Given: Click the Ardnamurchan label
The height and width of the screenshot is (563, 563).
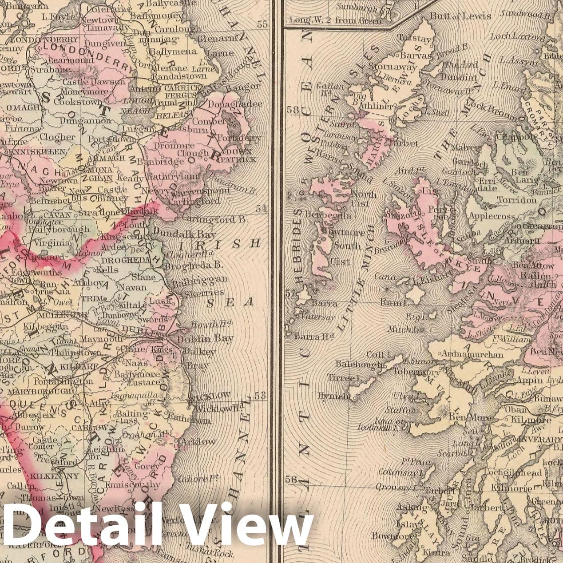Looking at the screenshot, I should pyautogui.click(x=472, y=354).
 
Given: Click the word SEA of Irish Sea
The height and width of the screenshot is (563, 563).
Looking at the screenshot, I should pyautogui.click(x=230, y=302).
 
